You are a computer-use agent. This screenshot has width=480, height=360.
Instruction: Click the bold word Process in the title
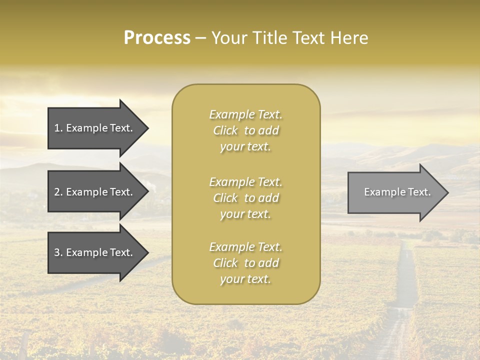[x=157, y=37]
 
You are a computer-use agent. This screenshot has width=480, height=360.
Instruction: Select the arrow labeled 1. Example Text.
[x=95, y=128]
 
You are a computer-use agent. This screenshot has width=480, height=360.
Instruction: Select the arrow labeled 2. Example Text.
[x=95, y=192]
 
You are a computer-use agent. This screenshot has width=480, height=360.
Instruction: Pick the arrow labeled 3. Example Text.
[x=95, y=252]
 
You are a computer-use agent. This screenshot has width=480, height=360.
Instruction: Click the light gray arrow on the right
[x=395, y=192]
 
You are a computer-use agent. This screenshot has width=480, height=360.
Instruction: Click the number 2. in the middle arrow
[x=58, y=192]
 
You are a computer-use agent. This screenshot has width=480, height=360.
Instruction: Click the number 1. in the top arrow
[x=58, y=128]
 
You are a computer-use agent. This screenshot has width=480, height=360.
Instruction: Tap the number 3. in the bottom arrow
[x=58, y=252]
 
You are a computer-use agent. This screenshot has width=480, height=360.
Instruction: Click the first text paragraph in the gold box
[x=245, y=130]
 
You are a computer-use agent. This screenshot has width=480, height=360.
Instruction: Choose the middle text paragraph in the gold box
[x=245, y=197]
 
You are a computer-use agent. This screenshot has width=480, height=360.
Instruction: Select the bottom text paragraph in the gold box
[x=245, y=263]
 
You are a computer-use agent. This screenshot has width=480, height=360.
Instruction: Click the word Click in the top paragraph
[x=225, y=130]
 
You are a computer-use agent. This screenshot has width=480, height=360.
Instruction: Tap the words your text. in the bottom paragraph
[x=245, y=279]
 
